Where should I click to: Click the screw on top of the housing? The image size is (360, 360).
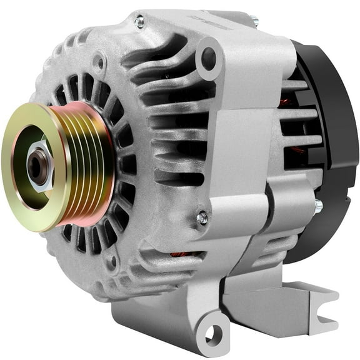coord(139,22)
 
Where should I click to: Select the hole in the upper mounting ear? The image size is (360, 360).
coord(209,59)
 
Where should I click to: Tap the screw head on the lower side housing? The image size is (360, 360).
coord(202,217)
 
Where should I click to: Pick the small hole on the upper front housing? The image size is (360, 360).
coord(98,62)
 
